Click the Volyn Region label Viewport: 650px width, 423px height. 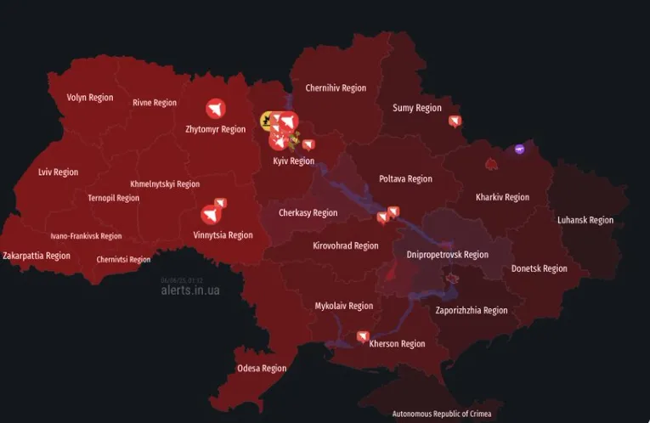click(x=90, y=98)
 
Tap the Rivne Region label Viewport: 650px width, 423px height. click(x=155, y=103)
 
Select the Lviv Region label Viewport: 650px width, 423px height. click(x=59, y=172)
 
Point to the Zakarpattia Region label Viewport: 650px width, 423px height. click(x=37, y=256)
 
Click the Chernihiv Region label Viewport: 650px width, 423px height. click(x=336, y=88)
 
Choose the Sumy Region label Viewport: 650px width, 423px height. click(x=417, y=108)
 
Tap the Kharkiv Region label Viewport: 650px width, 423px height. click(x=502, y=197)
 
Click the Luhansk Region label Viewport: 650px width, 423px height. click(x=585, y=220)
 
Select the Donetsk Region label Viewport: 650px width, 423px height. click(x=540, y=268)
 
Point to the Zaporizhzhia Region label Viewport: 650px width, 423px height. click(x=472, y=311)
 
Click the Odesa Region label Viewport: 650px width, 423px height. click(x=262, y=369)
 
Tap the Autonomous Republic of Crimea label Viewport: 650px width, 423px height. click(x=442, y=415)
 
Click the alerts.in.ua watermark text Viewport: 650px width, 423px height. click(x=190, y=290)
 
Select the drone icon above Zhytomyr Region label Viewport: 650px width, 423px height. click(x=216, y=109)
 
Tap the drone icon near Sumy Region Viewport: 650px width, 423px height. click(x=455, y=121)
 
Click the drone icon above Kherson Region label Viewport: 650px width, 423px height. click(x=364, y=336)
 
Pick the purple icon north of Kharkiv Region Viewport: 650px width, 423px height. click(x=520, y=149)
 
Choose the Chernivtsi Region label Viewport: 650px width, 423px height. click(x=123, y=260)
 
